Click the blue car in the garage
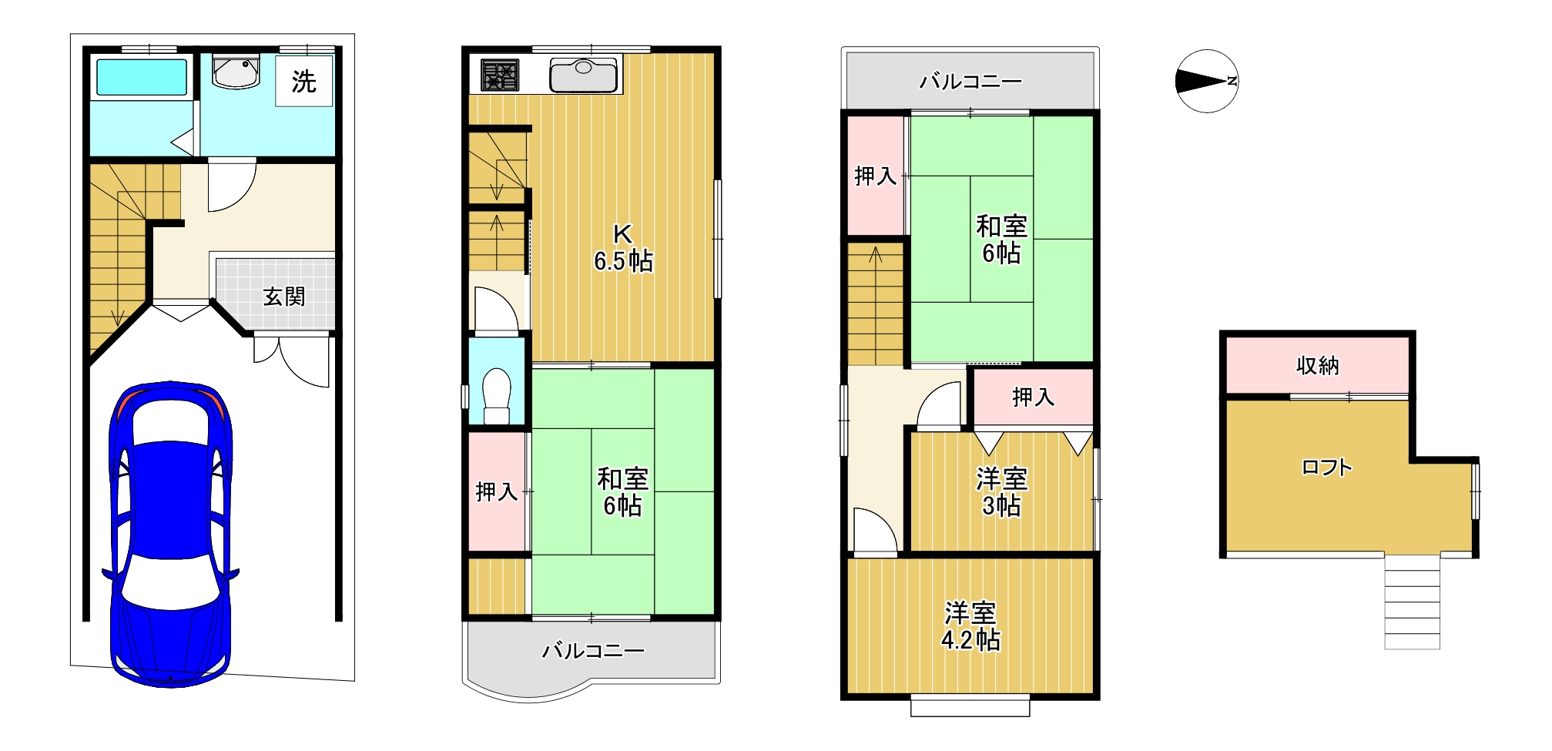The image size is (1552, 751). pyautogui.click(x=170, y=531)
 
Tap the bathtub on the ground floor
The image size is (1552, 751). pyautogui.click(x=141, y=78)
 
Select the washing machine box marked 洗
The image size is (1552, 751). pyautogui.click(x=304, y=81)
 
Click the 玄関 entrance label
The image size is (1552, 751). pyautogui.click(x=284, y=297)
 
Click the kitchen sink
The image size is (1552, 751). pyautogui.click(x=583, y=75)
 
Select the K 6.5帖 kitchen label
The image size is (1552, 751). pyautogui.click(x=622, y=248)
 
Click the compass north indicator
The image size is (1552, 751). pyautogui.click(x=1207, y=81)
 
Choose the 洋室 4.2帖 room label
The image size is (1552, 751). pyautogui.click(x=970, y=626)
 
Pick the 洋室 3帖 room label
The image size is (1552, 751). pyautogui.click(x=1001, y=492)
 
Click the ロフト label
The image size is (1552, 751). pyautogui.click(x=1326, y=468)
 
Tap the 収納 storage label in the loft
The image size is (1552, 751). pyautogui.click(x=1317, y=365)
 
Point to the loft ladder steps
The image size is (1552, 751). pyautogui.click(x=1412, y=602)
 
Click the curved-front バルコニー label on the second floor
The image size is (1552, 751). pyautogui.click(x=593, y=651)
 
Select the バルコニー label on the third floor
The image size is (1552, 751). pyautogui.click(x=970, y=81)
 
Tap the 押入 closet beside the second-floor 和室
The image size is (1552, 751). pyautogui.click(x=497, y=491)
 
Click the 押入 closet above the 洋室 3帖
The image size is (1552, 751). pyautogui.click(x=1033, y=397)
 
